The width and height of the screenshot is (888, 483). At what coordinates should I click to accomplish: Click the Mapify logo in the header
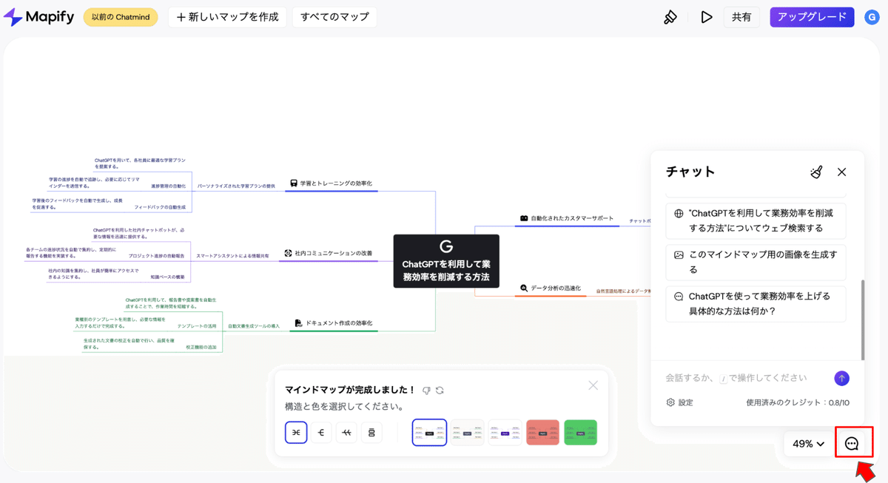point(38,17)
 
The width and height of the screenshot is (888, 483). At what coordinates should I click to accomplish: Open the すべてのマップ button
point(334,17)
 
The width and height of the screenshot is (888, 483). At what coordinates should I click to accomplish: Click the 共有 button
point(741,17)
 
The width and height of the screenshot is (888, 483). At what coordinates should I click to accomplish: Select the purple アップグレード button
point(812,17)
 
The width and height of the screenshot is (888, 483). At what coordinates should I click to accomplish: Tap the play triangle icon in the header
point(707,17)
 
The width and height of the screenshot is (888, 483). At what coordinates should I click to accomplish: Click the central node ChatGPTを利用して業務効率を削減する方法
point(445,261)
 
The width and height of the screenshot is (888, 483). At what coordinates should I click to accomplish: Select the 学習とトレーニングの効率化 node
point(331,183)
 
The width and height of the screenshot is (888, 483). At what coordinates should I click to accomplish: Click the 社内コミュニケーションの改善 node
point(328,254)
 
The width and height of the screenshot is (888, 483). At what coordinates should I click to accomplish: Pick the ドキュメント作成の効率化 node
point(333,323)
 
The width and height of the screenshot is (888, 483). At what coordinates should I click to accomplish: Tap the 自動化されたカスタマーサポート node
point(567,219)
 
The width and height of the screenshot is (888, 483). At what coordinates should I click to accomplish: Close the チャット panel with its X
point(841,172)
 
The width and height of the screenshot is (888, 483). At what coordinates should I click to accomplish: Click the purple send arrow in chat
point(841,379)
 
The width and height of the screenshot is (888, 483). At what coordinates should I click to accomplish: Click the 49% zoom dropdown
point(808,444)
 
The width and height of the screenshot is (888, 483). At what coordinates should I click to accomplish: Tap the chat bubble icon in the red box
point(852,443)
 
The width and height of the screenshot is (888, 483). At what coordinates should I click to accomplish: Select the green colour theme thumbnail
point(580,433)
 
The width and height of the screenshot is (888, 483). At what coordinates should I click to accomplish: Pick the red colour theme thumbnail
point(542,433)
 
